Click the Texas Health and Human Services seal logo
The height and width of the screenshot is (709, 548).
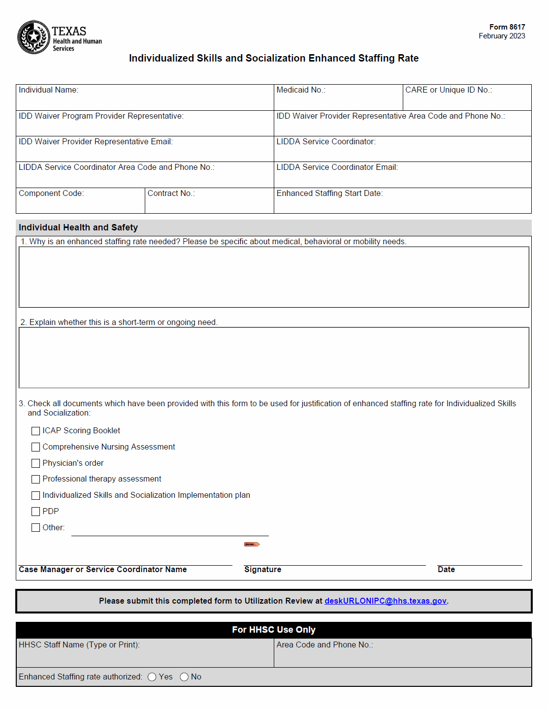click(x=33, y=37)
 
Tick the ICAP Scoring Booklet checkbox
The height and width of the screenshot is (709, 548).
click(x=35, y=431)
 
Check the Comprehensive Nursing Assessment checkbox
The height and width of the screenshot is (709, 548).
click(x=35, y=447)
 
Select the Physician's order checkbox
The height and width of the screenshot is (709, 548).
click(x=35, y=463)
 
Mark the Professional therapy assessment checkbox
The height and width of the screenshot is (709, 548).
click(x=35, y=479)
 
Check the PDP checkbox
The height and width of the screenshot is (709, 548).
click(x=35, y=512)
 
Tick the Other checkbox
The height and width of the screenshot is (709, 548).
click(x=35, y=528)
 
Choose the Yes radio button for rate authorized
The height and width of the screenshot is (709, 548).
click(x=152, y=677)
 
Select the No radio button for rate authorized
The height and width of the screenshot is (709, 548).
click(x=184, y=677)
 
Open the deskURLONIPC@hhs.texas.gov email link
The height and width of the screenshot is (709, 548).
click(x=385, y=601)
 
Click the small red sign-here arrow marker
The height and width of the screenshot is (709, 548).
click(x=252, y=544)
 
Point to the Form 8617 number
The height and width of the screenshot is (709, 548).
click(x=507, y=27)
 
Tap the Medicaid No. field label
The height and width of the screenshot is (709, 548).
click(x=300, y=90)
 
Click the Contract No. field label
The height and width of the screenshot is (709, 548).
click(x=171, y=193)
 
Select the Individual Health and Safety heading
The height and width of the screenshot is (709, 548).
click(x=78, y=227)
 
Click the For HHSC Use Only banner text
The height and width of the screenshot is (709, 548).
click(x=274, y=630)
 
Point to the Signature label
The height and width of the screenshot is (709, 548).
click(x=262, y=570)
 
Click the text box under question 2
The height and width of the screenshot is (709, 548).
click(x=274, y=357)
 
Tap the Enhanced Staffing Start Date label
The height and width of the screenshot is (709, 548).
click(x=329, y=193)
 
